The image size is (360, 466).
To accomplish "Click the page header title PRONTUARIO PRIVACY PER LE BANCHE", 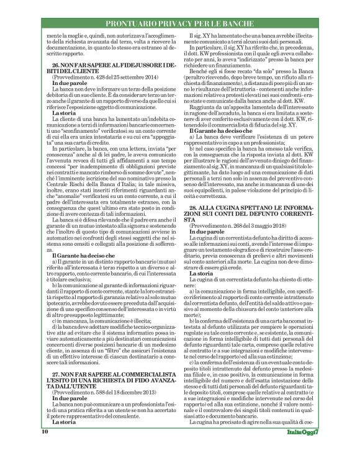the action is [180, 7].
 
